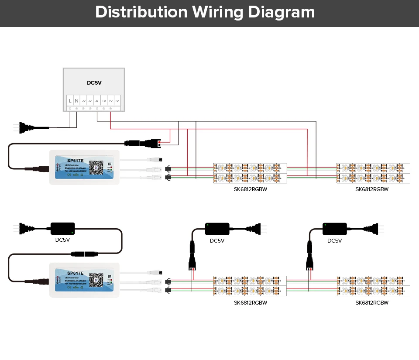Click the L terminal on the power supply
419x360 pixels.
(70, 101)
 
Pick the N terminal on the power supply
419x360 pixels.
(76, 101)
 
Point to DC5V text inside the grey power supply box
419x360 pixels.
(94, 82)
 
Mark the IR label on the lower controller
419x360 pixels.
(110, 277)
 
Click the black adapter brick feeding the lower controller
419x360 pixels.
(63, 228)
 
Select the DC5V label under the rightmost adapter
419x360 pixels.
(335, 241)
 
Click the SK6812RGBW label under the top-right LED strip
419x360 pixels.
(372, 189)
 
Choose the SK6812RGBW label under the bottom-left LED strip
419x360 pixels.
(251, 302)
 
